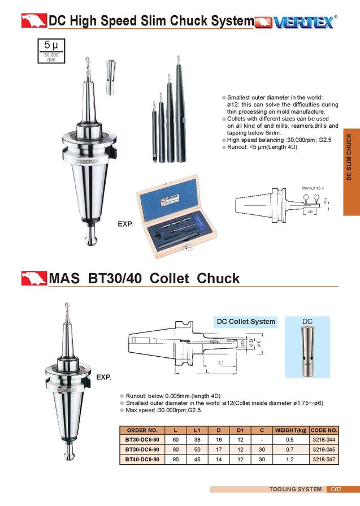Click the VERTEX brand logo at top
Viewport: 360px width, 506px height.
(296, 21)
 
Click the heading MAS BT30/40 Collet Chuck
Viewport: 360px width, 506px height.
(144, 279)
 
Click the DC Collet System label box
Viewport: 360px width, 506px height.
(246, 322)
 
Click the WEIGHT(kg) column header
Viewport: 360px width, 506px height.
(289, 430)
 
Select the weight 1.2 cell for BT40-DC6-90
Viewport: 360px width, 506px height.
(289, 460)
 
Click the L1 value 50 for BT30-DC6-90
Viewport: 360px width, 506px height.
(197, 449)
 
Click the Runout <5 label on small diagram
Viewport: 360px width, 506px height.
(311, 187)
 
